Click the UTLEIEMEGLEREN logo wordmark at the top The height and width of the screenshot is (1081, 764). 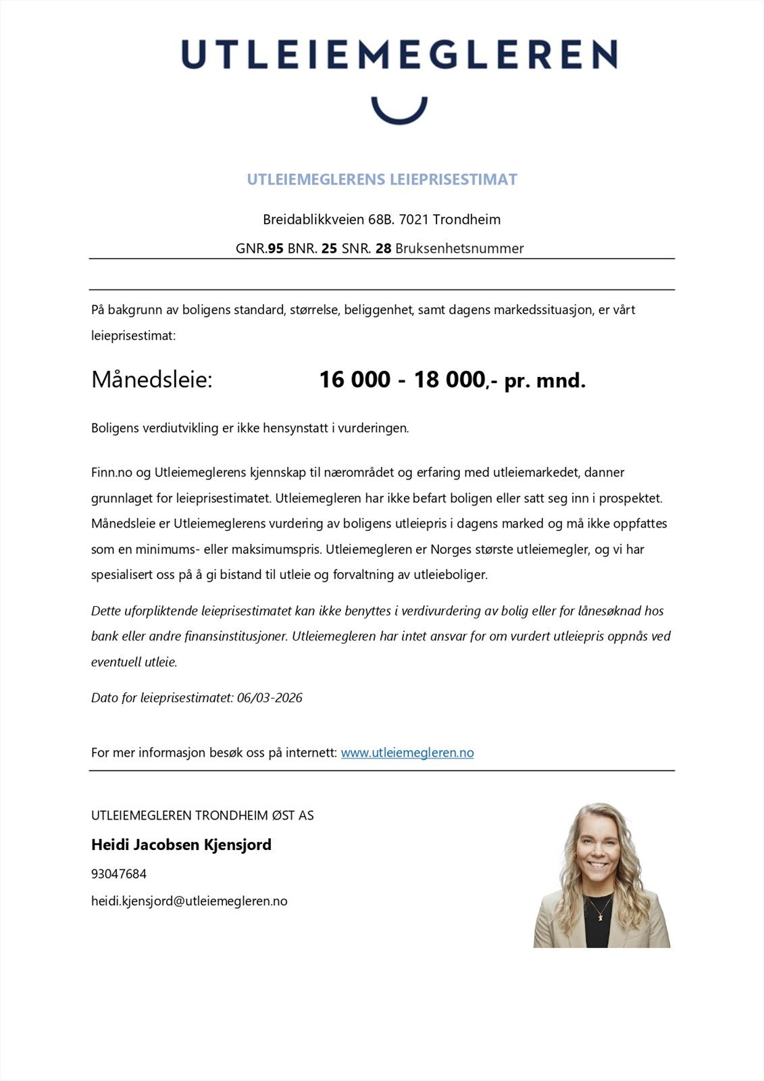click(399, 54)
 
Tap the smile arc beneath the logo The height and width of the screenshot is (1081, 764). click(399, 115)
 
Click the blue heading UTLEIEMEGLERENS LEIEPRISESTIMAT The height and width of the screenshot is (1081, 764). click(382, 180)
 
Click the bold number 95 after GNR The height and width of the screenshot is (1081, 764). click(276, 249)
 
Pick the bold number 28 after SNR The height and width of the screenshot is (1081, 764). click(383, 249)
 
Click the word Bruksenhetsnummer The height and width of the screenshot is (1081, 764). click(459, 249)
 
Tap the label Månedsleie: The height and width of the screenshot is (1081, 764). click(152, 380)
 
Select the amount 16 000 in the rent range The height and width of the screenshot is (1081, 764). click(354, 380)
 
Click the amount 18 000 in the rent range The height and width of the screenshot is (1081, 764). click(449, 380)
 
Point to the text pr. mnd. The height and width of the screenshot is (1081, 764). click(544, 381)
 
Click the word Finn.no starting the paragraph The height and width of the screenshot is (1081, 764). click(111, 472)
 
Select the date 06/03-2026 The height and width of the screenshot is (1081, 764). click(270, 698)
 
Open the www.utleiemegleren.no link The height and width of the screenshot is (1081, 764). click(407, 753)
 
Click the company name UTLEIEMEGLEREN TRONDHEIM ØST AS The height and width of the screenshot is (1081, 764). click(202, 815)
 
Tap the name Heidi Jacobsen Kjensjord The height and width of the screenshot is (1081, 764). click(181, 845)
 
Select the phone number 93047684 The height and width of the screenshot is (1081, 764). click(119, 874)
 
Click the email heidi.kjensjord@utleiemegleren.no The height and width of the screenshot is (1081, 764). click(189, 901)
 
